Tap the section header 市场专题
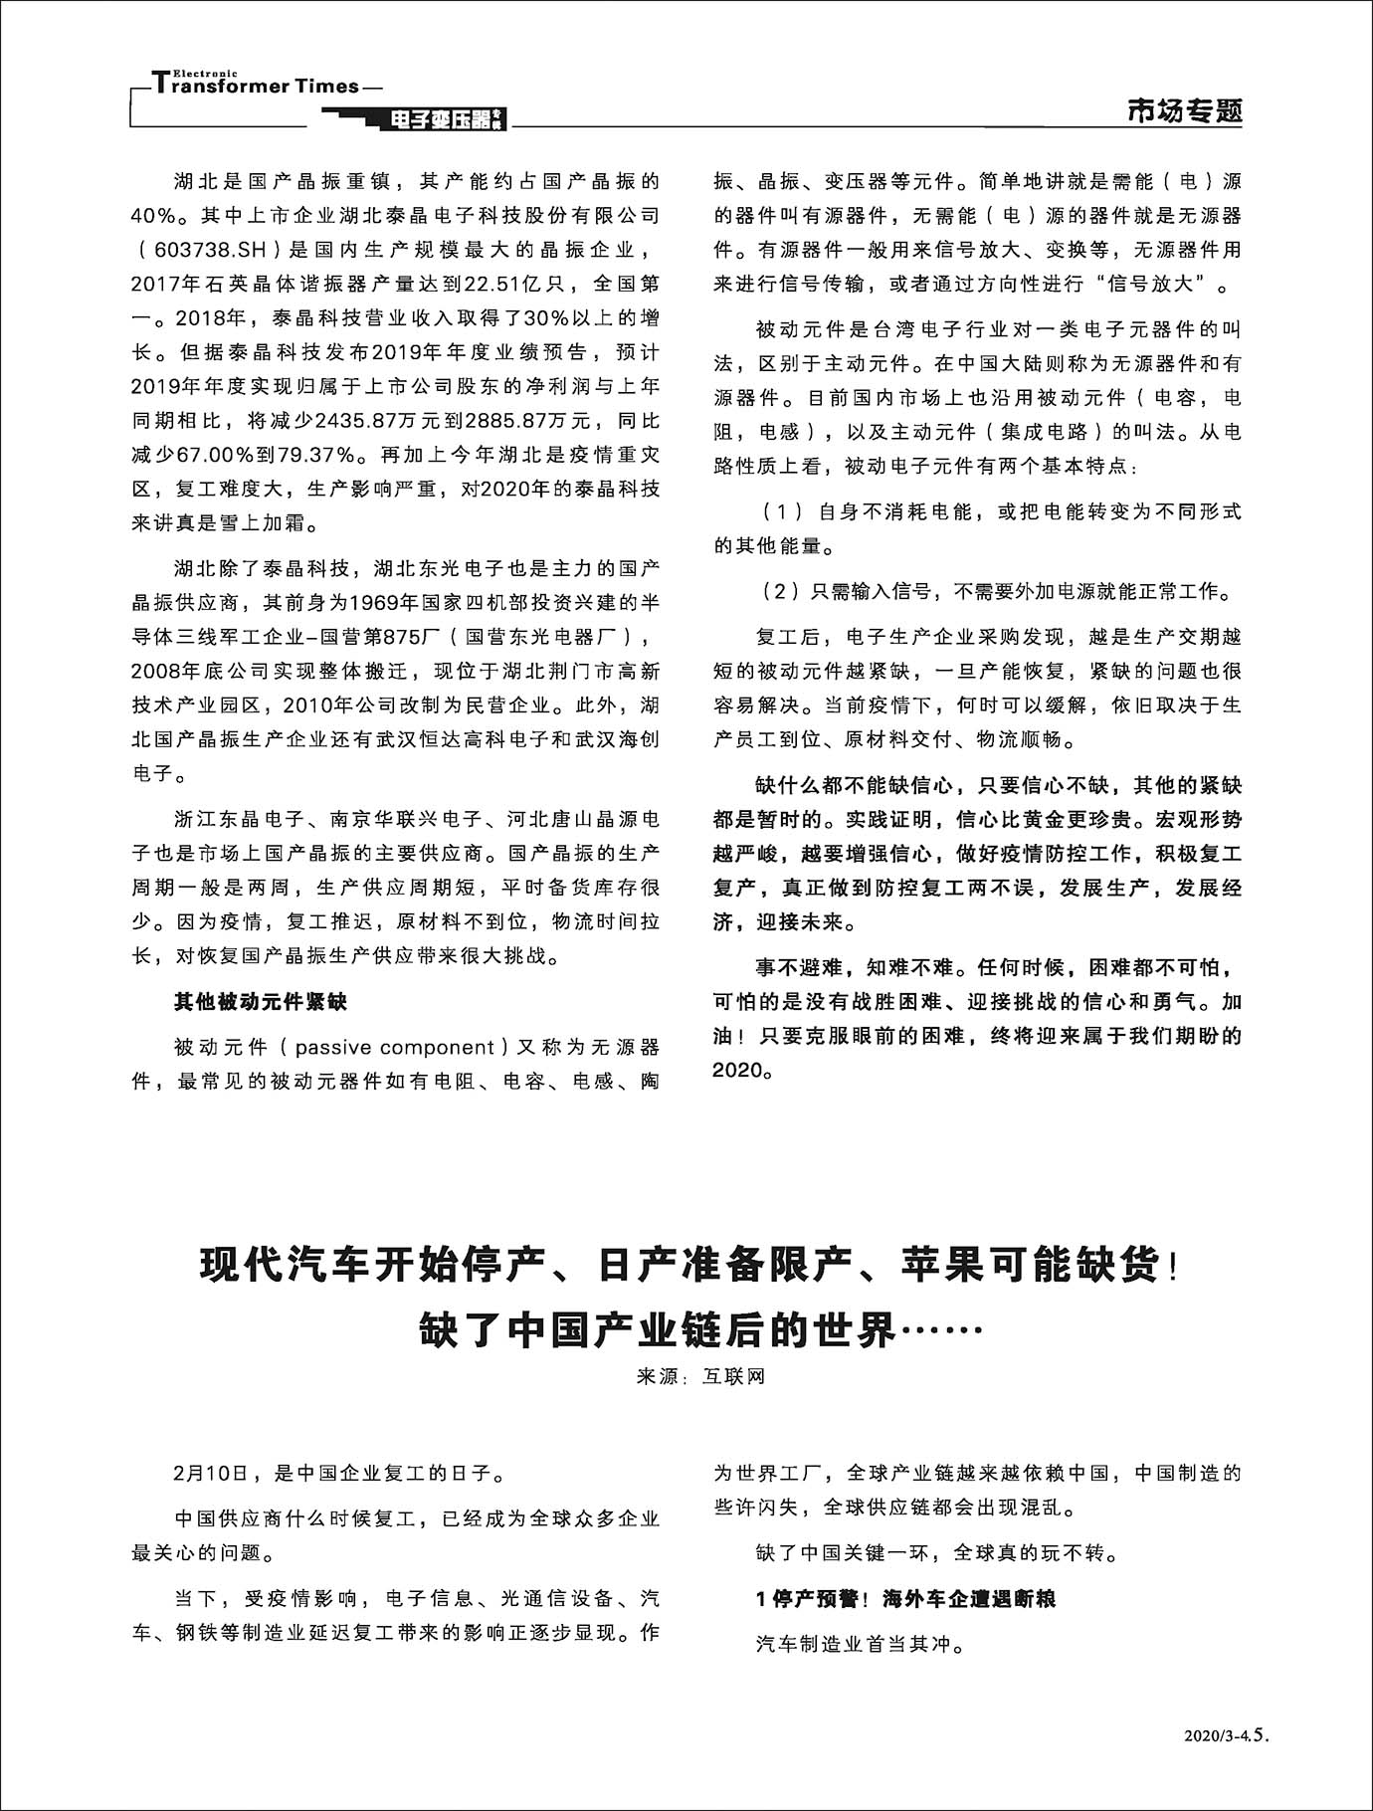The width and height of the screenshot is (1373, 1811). pos(1184,111)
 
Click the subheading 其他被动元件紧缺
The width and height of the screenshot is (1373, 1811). pos(261,1002)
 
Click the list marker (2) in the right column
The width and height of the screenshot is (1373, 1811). pos(782,592)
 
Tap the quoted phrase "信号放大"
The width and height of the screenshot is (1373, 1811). pos(1155,285)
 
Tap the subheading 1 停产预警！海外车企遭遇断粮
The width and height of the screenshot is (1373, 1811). pos(905,1599)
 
